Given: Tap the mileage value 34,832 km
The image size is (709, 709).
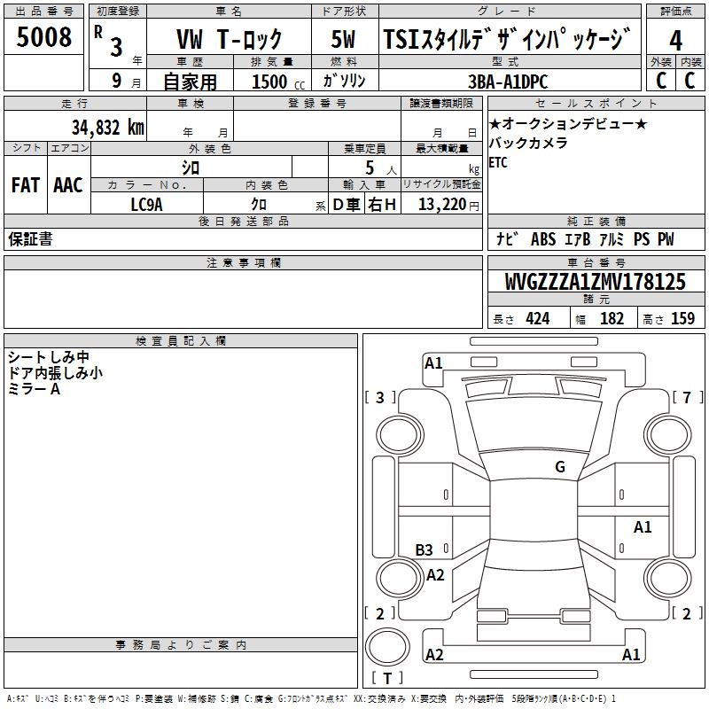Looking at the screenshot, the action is (108, 127).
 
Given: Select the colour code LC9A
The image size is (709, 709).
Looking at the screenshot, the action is (146, 205).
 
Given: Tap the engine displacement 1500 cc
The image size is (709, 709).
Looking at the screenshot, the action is (269, 82).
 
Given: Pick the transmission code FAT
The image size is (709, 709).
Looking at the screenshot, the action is (25, 185).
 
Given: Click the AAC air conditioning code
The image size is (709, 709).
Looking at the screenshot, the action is (67, 185).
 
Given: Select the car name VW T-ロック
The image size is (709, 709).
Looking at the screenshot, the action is (230, 39).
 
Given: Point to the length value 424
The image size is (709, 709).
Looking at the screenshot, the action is (537, 318).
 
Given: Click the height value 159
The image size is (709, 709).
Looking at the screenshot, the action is (682, 318).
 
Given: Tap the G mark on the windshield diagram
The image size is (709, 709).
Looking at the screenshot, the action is (559, 467).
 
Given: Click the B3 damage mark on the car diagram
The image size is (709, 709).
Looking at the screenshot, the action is (425, 549).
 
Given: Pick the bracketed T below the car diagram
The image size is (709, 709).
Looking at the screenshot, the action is (386, 679).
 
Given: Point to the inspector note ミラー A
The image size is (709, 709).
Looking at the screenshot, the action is (34, 389).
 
